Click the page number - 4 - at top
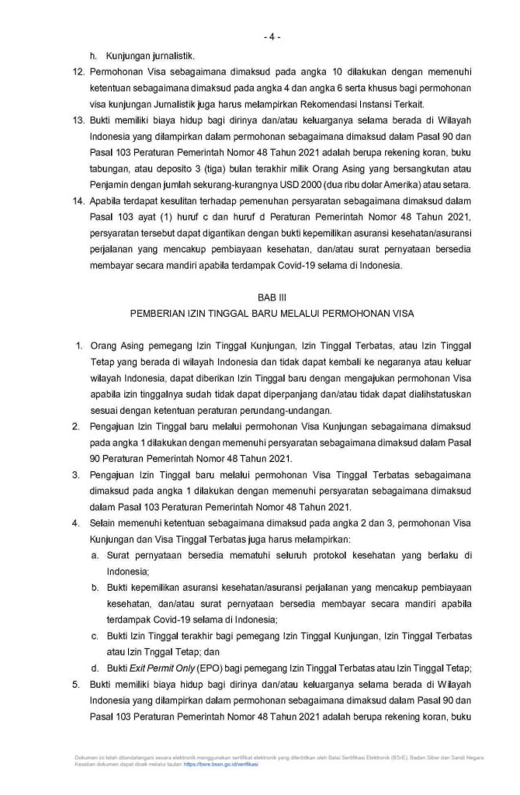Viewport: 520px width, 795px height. click(272, 36)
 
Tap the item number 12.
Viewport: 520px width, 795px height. click(77, 71)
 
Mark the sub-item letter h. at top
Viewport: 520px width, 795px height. click(94, 54)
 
